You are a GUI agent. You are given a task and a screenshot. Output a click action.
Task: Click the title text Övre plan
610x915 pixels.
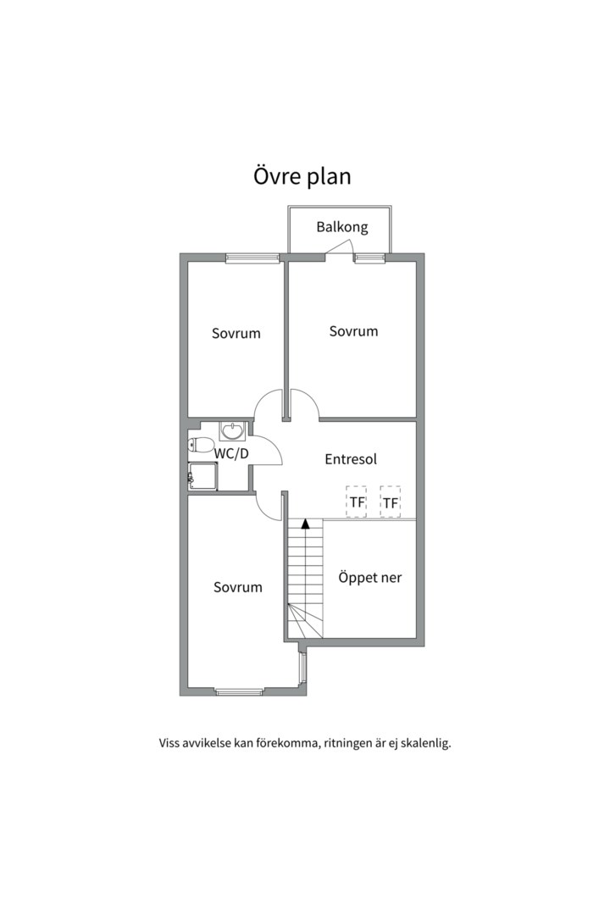click(302, 176)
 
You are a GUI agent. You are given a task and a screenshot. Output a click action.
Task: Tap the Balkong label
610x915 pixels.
click(342, 227)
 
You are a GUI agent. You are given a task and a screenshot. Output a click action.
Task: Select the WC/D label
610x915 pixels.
click(231, 453)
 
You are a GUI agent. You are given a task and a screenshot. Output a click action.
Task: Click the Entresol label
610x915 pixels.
click(351, 459)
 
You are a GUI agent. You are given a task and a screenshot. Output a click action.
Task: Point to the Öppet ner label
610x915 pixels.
click(369, 578)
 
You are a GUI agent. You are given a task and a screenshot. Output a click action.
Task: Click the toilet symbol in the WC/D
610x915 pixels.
click(201, 445)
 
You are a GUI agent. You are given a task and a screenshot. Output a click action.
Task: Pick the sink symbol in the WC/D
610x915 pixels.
click(232, 431)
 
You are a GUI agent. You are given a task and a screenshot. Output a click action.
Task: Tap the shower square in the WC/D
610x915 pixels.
click(203, 476)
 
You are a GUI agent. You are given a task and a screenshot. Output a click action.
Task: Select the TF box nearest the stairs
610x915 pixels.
click(357, 502)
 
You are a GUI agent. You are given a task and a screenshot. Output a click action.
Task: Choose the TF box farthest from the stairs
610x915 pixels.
click(390, 502)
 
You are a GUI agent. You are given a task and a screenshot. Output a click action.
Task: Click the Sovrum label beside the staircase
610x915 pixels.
click(238, 587)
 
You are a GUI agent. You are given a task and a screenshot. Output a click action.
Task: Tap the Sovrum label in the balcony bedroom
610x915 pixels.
click(353, 331)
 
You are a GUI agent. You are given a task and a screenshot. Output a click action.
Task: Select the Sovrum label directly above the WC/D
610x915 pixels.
click(236, 333)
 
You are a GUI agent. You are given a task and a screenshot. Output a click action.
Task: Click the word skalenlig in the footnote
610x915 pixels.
click(425, 744)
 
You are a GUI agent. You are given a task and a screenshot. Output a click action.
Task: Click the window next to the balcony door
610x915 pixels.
click(369, 258)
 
